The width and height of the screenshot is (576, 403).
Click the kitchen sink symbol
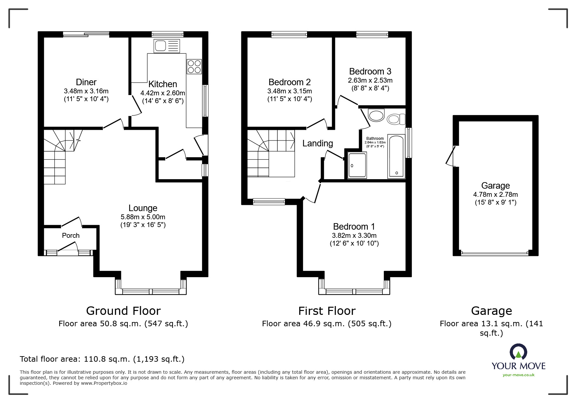(x=167, y=46)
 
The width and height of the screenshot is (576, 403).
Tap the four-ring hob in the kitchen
(x=194, y=66)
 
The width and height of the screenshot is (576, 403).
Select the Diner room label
(x=86, y=82)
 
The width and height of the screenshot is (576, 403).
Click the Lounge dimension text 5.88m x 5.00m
(x=143, y=217)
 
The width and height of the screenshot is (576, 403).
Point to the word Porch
(x=71, y=235)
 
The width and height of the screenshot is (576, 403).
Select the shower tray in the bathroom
(x=357, y=165)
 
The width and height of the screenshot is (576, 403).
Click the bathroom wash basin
(x=376, y=115)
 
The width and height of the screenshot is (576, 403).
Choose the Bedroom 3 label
(x=370, y=71)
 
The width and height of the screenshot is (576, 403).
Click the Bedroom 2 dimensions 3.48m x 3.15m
(x=289, y=91)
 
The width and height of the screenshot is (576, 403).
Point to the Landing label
(x=318, y=143)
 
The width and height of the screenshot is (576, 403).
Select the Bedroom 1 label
(x=354, y=226)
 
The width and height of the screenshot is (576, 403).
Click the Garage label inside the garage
(x=495, y=186)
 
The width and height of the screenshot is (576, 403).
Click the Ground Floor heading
(x=123, y=311)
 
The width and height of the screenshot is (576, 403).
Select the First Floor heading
(x=327, y=311)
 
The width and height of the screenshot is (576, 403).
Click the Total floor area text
(x=102, y=359)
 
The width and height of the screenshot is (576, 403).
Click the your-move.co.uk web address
(x=518, y=375)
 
